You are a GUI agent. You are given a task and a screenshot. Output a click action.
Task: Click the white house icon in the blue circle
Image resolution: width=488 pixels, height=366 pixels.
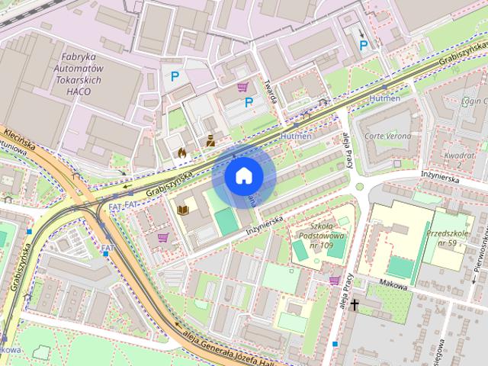tap(243, 175)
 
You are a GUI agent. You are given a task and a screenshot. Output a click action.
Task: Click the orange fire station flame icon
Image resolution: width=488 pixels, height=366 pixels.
tap(181, 152)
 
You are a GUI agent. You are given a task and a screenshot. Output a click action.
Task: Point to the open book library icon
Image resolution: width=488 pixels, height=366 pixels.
tap(183, 210)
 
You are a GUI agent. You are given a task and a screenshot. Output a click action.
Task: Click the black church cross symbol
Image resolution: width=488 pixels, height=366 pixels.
tap(355, 305)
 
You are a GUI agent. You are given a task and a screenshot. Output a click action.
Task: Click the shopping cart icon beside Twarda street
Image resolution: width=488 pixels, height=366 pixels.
tap(242, 86)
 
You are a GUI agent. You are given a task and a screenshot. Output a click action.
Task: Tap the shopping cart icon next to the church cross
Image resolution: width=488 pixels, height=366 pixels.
tap(334, 281)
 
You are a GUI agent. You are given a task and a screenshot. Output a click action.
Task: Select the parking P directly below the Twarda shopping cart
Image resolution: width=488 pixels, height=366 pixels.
tap(249, 102)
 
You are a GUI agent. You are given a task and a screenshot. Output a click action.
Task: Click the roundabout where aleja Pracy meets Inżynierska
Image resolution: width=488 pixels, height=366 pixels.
tap(357, 187)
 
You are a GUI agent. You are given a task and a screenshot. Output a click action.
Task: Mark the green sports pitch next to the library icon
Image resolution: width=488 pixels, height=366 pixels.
tap(226, 222)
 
